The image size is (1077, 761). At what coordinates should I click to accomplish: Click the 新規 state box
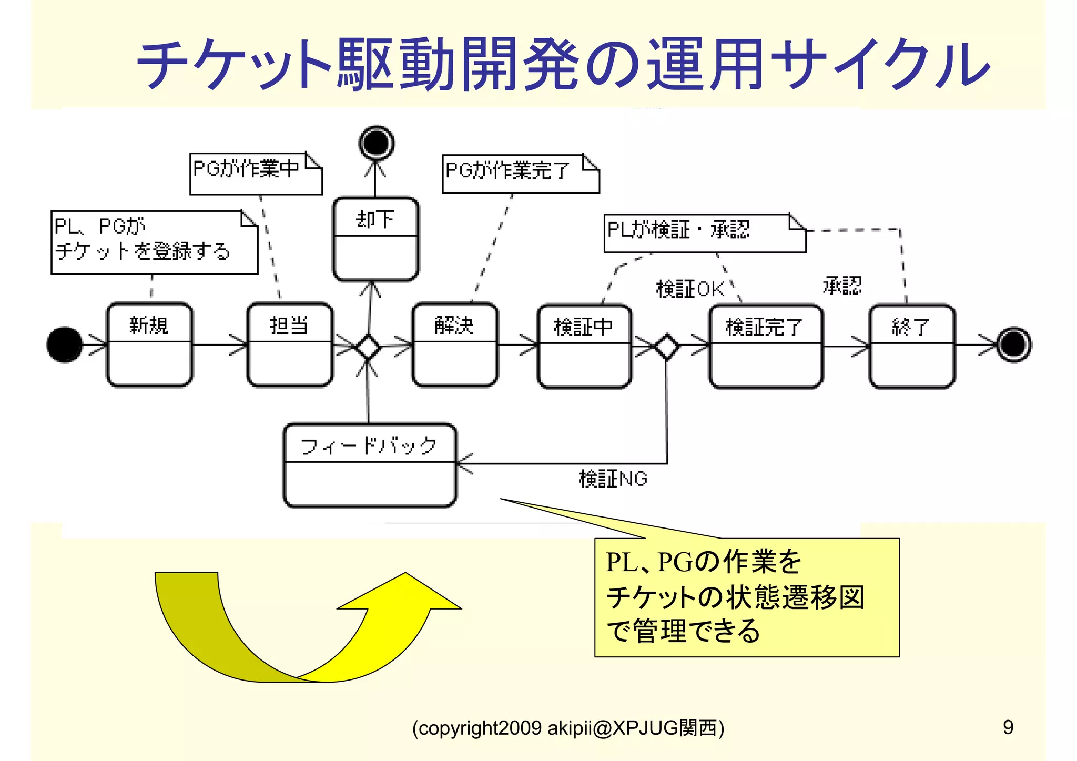tap(149, 344)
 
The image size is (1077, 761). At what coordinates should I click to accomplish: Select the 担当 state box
tap(290, 344)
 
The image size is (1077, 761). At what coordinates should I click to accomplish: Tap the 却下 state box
tap(375, 239)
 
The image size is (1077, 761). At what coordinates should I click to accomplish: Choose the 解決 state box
tap(455, 344)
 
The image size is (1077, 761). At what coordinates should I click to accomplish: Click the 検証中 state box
tap(584, 346)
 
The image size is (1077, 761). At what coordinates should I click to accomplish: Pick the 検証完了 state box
tap(765, 346)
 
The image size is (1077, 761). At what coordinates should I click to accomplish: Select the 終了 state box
tap(911, 346)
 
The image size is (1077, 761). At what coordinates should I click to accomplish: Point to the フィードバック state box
tap(370, 465)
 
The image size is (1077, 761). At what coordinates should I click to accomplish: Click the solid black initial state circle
tap(65, 344)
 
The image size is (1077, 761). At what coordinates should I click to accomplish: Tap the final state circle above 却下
tap(377, 143)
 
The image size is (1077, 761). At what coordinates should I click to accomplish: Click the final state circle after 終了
tap(1014, 345)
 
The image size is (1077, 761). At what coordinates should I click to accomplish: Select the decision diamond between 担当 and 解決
tap(368, 347)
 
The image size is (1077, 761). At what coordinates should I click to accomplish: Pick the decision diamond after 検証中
tap(666, 347)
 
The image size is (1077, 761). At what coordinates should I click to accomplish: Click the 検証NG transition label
tap(613, 479)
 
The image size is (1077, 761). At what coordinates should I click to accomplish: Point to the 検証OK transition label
tap(689, 289)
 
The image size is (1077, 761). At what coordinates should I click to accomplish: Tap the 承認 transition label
tap(842, 286)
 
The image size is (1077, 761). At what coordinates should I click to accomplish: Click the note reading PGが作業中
tap(256, 174)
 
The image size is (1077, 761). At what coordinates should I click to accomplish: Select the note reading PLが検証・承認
tap(704, 233)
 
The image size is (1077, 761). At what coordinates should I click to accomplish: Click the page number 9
tap(1008, 727)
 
